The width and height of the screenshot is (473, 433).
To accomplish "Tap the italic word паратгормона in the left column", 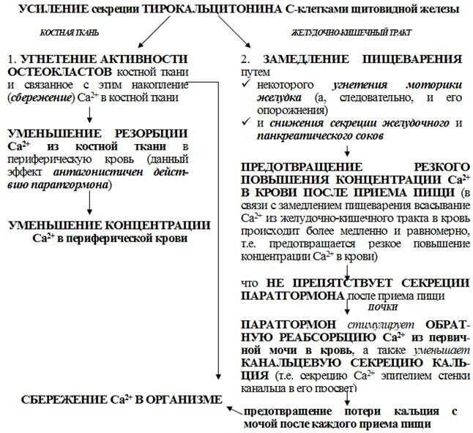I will [72, 186].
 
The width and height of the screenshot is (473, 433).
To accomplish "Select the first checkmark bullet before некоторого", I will [247, 86].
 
